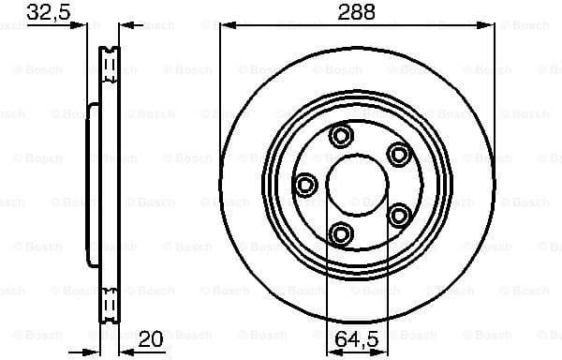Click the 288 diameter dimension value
[356, 13]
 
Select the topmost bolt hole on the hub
[341, 137]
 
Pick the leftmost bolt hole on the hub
[304, 185]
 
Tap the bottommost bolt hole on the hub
[341, 233]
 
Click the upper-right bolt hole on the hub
[399, 155]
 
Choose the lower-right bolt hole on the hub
[400, 216]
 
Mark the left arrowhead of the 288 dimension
[226, 26]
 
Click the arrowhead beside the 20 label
[126, 347]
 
